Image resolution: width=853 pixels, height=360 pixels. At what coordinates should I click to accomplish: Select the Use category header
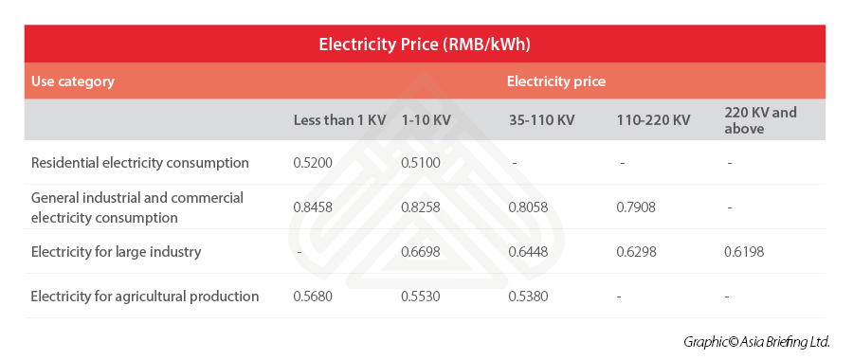click(72, 81)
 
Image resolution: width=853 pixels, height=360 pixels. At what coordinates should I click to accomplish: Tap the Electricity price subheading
click(555, 81)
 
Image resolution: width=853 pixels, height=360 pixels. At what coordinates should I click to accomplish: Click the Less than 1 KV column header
click(339, 120)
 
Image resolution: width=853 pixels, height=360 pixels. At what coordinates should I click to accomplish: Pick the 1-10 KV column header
click(426, 120)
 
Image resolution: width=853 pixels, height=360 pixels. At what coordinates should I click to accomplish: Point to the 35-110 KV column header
click(542, 120)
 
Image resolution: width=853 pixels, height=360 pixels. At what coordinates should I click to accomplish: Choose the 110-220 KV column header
click(653, 120)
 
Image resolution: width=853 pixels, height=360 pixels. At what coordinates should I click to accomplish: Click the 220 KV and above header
click(760, 120)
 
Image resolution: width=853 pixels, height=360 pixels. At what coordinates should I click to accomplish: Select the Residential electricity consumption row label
click(140, 163)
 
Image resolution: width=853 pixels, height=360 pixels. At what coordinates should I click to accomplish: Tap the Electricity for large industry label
click(117, 252)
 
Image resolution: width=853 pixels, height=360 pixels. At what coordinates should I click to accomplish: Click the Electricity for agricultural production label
click(145, 297)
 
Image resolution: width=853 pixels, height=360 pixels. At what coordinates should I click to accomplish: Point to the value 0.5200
click(313, 163)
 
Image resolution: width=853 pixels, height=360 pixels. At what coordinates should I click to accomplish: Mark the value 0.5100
click(421, 163)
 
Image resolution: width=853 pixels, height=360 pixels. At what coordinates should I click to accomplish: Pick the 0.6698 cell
click(421, 252)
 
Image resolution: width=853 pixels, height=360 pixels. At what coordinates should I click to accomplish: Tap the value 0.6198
click(744, 252)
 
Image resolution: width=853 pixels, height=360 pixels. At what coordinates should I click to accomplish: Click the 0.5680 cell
click(313, 297)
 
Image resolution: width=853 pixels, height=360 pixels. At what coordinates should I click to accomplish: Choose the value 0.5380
click(529, 297)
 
